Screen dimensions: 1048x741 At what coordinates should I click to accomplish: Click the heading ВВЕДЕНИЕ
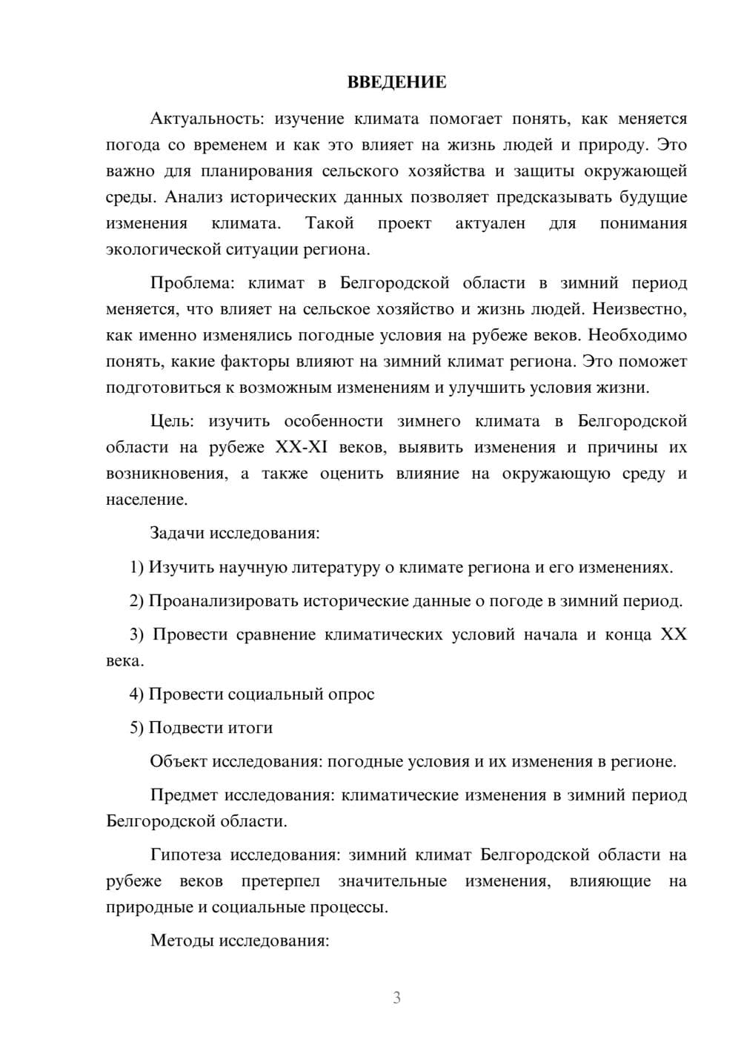coord(396,82)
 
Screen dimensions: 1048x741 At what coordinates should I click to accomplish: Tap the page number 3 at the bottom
coord(396,998)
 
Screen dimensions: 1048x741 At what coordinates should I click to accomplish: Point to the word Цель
coord(172,422)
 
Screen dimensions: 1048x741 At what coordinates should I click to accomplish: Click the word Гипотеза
coord(185,855)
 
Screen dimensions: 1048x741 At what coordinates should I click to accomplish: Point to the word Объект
coord(179,762)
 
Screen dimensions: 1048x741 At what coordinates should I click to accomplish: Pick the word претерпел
coord(281,881)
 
